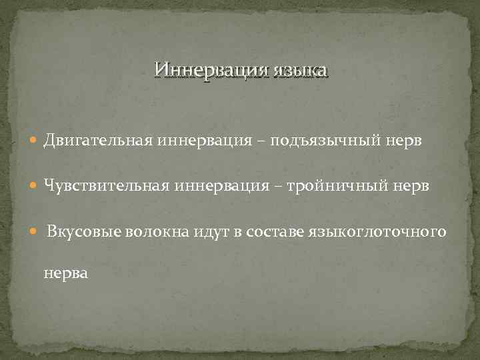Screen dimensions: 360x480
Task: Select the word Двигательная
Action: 99,141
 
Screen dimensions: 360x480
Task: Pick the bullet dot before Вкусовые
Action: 35,232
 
